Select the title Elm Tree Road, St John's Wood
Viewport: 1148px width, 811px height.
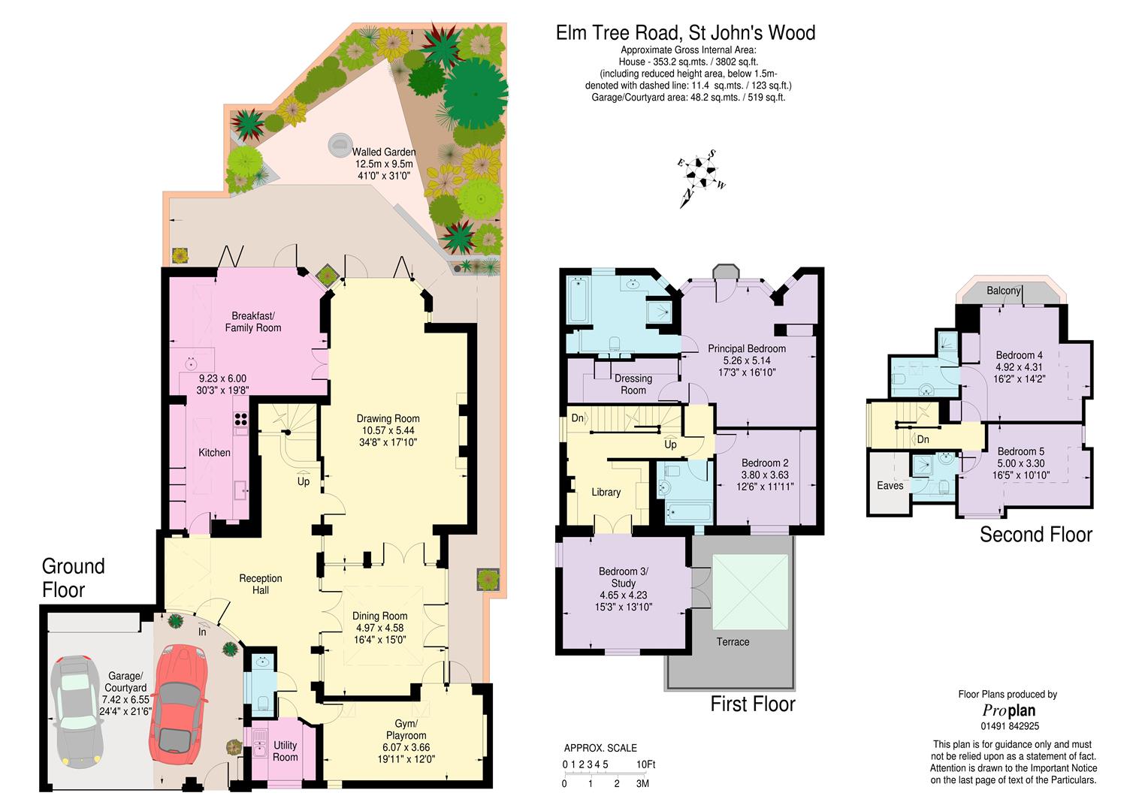(685, 33)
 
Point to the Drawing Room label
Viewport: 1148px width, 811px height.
(388, 418)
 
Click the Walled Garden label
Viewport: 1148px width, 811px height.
(384, 152)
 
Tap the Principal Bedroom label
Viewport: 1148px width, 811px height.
(747, 348)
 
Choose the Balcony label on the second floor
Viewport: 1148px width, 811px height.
(1004, 291)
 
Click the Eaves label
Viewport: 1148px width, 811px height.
(890, 485)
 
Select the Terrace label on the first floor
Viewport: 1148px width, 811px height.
(733, 641)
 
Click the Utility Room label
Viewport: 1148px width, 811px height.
(285, 751)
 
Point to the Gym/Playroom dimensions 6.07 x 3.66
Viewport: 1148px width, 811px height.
(406, 747)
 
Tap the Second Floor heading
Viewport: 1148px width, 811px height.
(1036, 535)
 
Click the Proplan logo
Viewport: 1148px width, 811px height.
(1008, 710)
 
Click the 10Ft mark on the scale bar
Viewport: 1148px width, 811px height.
(646, 764)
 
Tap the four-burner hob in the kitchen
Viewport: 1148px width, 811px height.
(241, 419)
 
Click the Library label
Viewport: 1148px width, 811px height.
(606, 492)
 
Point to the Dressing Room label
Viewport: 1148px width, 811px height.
(633, 384)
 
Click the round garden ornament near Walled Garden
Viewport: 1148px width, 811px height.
(340, 145)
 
